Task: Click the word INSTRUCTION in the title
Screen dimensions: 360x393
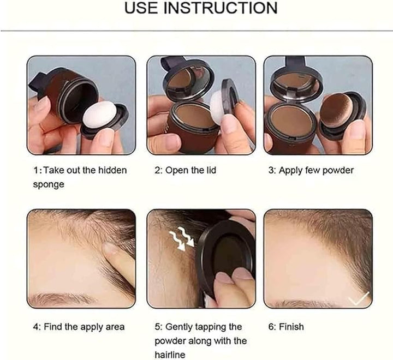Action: tap(223, 8)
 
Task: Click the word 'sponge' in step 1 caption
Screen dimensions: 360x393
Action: tap(49, 184)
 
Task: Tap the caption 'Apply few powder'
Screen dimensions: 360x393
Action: tap(311, 170)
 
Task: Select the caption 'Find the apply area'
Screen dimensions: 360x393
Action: tap(79, 327)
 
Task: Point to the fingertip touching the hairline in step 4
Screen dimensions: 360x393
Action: tap(112, 250)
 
